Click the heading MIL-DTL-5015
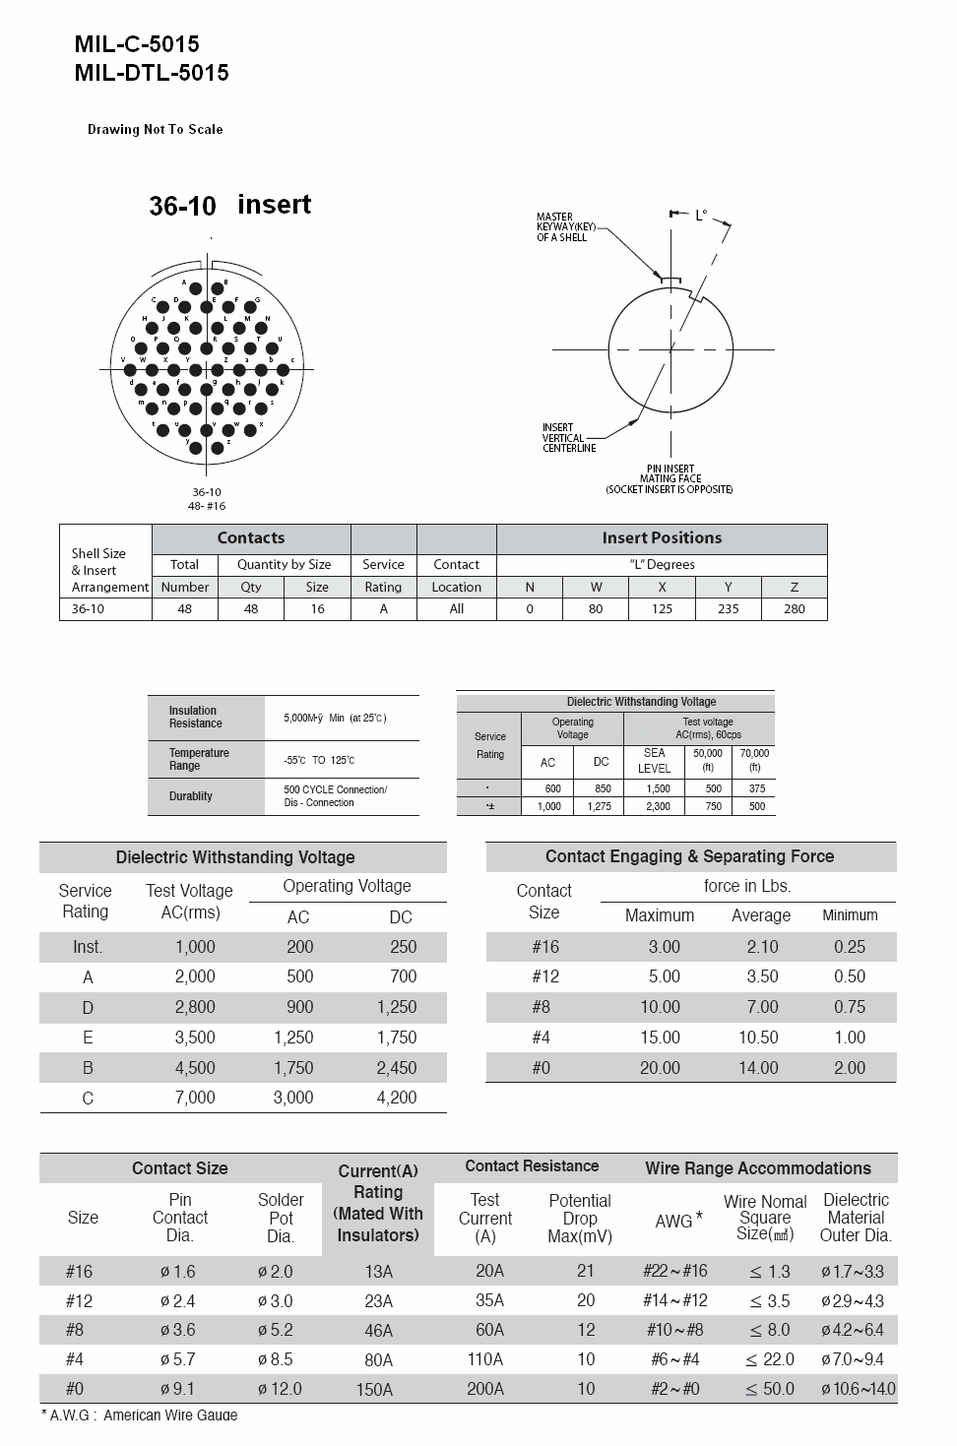pyautogui.click(x=151, y=72)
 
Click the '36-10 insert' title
pyautogui.click(x=229, y=205)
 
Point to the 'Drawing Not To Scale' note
pyautogui.click(x=155, y=129)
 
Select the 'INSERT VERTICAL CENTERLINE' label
pyautogui.click(x=568, y=438)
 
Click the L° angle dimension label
pyautogui.click(x=701, y=215)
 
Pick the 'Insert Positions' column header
pyautogui.click(x=662, y=537)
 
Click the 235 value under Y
pyautogui.click(x=728, y=608)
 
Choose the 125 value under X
pyautogui.click(x=662, y=608)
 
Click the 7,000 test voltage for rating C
pyautogui.click(x=195, y=1098)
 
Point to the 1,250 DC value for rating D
pyautogui.click(x=397, y=1007)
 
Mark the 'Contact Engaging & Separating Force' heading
pyautogui.click(x=689, y=856)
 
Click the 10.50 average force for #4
pyautogui.click(x=758, y=1037)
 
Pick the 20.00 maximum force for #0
pyautogui.click(x=660, y=1068)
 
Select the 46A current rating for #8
pyautogui.click(x=378, y=1331)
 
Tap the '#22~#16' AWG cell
pyautogui.click(x=674, y=1271)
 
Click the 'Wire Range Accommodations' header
pyautogui.click(x=758, y=1168)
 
